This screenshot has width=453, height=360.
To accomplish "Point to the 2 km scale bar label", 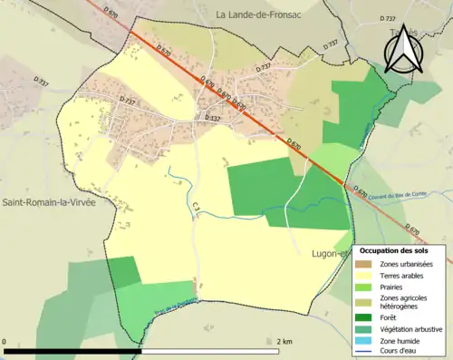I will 284,342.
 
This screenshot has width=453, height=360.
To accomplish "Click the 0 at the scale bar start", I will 5,342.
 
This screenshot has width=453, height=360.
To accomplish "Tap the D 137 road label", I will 212,118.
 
